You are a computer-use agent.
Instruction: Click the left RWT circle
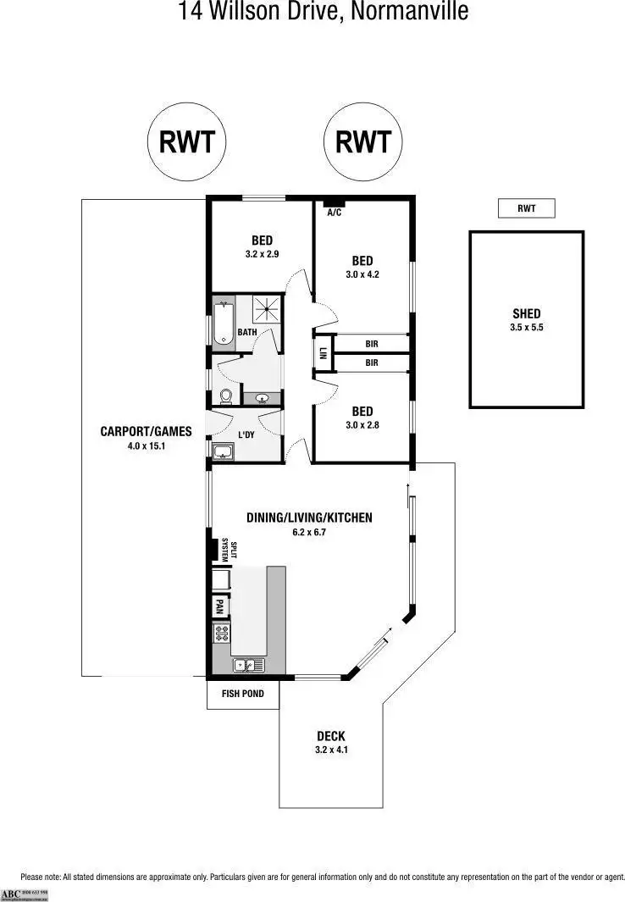tap(187, 141)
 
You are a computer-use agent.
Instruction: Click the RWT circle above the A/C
tap(363, 141)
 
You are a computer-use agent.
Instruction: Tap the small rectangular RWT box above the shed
tap(526, 208)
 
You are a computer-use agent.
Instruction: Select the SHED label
tap(526, 313)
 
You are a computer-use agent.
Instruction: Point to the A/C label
tap(334, 212)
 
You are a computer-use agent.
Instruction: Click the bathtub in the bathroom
tap(223, 324)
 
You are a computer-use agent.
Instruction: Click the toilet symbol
tap(225, 396)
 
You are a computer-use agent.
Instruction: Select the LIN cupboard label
tap(324, 354)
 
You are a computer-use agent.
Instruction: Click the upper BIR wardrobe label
tap(371, 344)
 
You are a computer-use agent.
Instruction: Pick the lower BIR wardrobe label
tap(371, 363)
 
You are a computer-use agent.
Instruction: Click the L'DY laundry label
tap(246, 434)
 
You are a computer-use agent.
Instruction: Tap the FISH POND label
tap(243, 694)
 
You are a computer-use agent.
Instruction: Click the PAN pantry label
tap(219, 606)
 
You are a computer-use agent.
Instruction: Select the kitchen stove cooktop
tap(221, 633)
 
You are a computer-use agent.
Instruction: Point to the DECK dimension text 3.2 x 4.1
tap(330, 750)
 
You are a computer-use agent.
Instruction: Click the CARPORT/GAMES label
tap(146, 431)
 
